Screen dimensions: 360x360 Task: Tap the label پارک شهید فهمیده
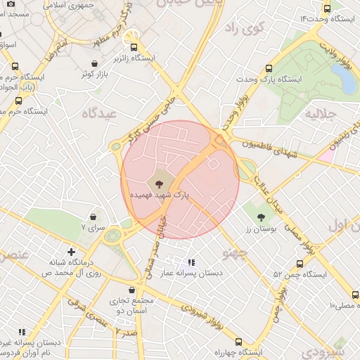[159, 193]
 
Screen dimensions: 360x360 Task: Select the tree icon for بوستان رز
[261, 217]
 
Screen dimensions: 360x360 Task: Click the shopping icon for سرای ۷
[94, 216]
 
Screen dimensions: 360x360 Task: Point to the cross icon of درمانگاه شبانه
[71, 251]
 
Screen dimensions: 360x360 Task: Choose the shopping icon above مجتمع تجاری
[131, 290]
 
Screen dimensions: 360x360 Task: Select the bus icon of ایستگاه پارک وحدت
[269, 69]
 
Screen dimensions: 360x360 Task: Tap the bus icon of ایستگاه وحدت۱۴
[327, 9]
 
